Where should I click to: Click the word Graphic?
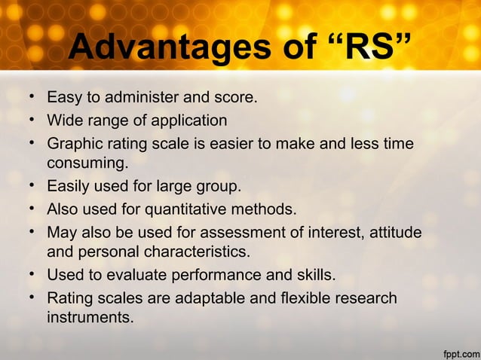point(74,143)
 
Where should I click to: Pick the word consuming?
point(87,163)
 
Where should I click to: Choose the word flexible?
point(308,299)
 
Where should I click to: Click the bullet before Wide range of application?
point(34,121)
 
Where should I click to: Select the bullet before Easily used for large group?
point(34,185)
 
